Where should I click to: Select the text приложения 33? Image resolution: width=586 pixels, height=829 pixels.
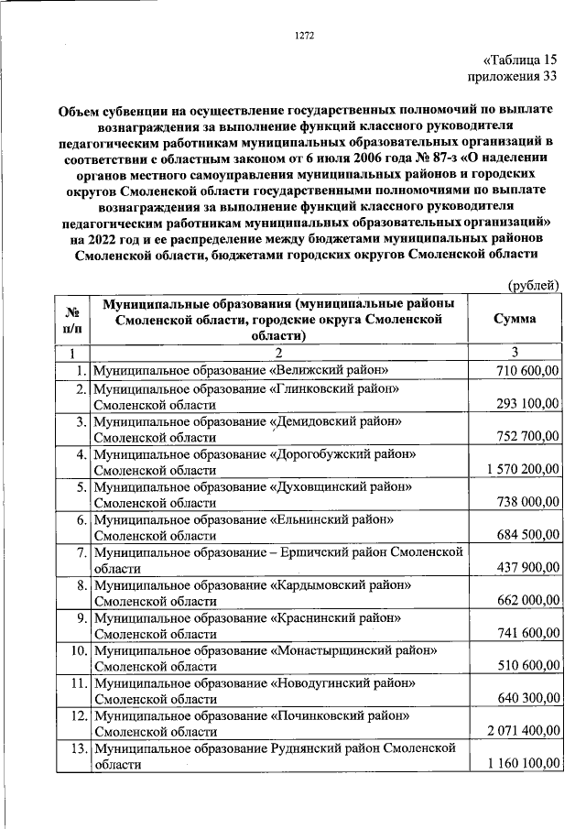(512, 78)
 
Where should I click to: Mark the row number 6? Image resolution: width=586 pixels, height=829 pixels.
(80, 519)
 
